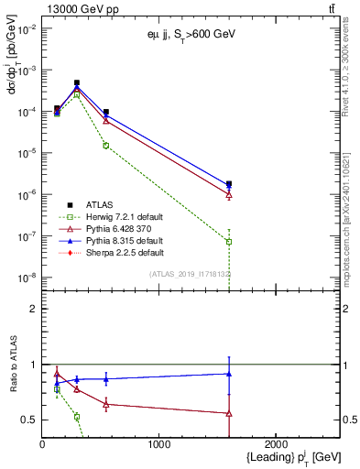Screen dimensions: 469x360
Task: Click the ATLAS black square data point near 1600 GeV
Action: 229,184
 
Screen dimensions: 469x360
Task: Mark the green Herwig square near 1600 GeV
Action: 229,242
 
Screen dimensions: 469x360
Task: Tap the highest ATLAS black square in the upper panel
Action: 77,82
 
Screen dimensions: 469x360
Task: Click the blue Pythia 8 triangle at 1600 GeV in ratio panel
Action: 229,374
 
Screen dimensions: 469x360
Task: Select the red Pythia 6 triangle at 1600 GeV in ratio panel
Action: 229,413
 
